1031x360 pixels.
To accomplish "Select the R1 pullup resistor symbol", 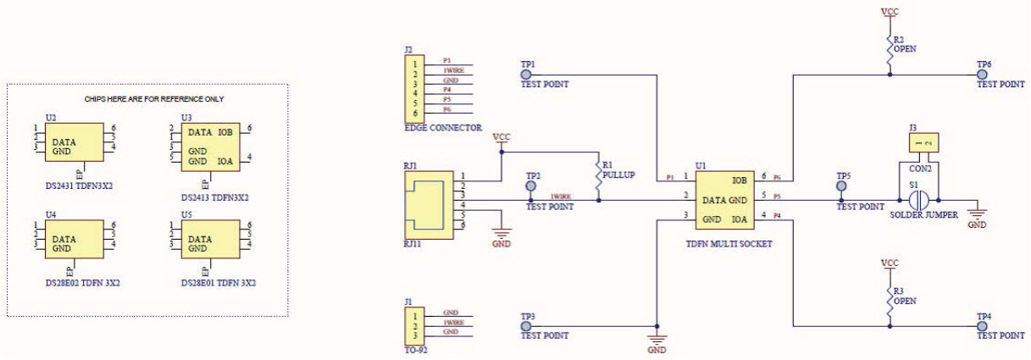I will pyautogui.click(x=599, y=179).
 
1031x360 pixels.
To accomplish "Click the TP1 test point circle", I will pyautogui.click(x=526, y=75).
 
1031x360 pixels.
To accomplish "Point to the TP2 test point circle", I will pyautogui.click(x=532, y=185).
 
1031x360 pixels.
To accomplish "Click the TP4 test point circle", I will pyautogui.click(x=984, y=325).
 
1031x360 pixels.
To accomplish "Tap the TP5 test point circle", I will pyautogui.click(x=843, y=186).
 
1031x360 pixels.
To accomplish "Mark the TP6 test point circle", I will pyautogui.click(x=984, y=75).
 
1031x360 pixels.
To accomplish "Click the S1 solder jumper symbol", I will pyautogui.click(x=918, y=201).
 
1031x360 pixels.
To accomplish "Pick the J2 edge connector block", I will pyautogui.click(x=414, y=88).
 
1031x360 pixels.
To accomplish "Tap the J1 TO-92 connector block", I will pyautogui.click(x=414, y=326).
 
